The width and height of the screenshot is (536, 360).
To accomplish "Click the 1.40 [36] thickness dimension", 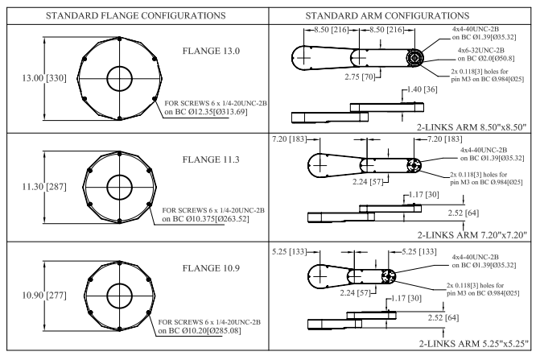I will pos(428,89).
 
